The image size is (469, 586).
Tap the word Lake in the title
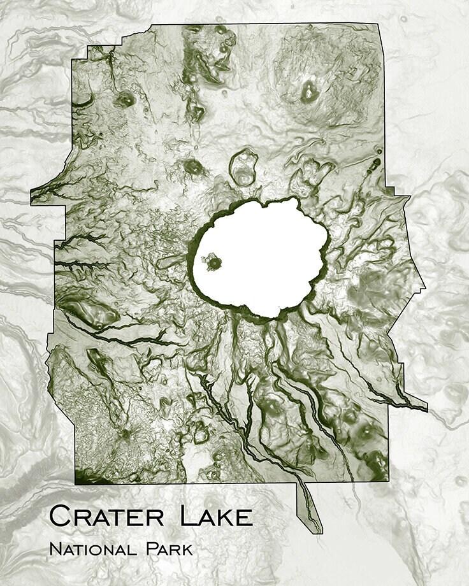217,516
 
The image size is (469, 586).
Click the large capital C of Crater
59,516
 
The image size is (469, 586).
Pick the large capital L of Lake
189,516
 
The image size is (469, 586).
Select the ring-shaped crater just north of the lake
243,168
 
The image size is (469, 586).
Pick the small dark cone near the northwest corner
125,99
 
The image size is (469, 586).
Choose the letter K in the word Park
187,548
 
